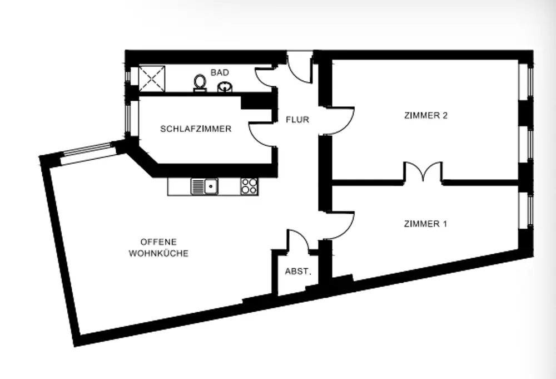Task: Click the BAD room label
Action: [219, 73]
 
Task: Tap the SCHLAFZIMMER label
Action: [196, 129]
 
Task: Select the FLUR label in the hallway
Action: [297, 119]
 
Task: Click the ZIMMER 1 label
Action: [425, 224]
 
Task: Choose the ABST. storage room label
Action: [297, 272]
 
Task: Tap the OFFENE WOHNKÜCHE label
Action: [158, 248]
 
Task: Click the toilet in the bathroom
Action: [200, 83]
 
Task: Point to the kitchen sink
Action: [205, 186]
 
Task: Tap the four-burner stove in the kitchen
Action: [249, 186]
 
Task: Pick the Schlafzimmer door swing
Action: [261, 133]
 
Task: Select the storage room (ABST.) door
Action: [297, 241]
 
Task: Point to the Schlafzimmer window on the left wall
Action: [127, 118]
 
